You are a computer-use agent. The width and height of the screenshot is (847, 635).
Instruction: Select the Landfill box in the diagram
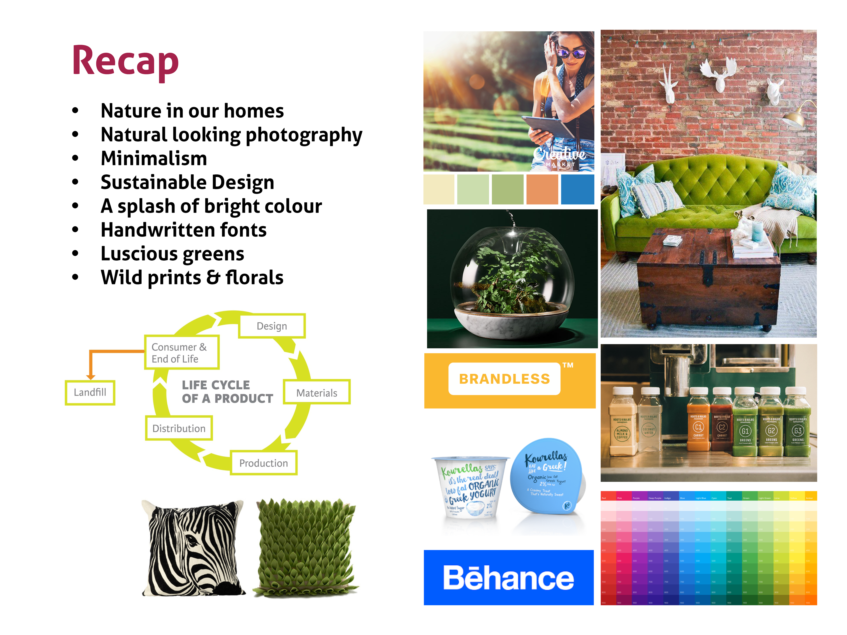pos(90,392)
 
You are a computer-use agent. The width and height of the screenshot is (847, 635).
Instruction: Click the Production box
pos(263,463)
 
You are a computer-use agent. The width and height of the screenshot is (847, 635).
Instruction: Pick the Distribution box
pos(179,428)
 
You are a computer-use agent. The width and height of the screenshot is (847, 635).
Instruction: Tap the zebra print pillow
pos(193,549)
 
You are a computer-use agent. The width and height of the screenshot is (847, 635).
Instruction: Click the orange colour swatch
pos(542,189)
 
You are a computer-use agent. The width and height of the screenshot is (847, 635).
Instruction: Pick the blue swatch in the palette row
pos(577,189)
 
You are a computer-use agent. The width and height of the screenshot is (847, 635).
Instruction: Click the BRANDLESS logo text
pos(504,379)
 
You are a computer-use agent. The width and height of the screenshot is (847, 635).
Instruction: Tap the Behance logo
pos(508,578)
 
